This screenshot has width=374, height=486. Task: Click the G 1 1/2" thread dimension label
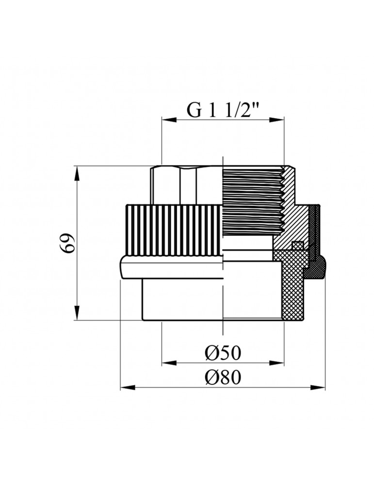pos(223,111)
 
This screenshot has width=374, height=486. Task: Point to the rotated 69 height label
pos(68,243)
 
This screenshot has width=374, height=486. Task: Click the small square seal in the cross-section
pos(298,245)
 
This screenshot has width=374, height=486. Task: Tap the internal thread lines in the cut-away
pos(252,199)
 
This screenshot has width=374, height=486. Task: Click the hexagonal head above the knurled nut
pos(184,185)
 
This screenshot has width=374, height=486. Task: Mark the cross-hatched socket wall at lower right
pos(291,292)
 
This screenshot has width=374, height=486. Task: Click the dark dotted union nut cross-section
pos(316,228)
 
